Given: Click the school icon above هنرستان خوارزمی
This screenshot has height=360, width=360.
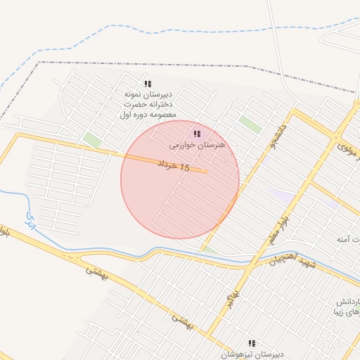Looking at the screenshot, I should tap(197, 134).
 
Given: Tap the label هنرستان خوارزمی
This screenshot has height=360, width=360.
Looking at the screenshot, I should tap(197, 145).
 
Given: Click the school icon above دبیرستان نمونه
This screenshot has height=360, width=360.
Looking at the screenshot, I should tap(148, 83).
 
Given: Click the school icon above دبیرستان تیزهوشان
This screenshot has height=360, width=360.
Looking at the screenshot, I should tap(252, 343).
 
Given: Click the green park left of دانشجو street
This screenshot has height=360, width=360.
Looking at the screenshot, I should tap(250, 124).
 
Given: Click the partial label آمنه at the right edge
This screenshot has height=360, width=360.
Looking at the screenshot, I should tap(349, 240).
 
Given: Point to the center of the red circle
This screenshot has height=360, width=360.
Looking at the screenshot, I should tap(180, 180).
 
